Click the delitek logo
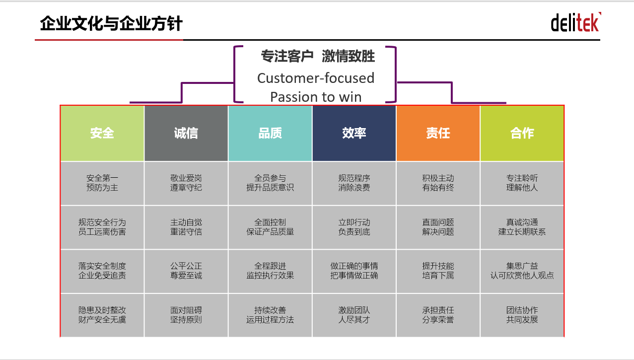[576, 22]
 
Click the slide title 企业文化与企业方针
[111, 23]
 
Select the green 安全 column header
[102, 133]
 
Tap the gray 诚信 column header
[186, 133]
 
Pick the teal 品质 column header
[270, 133]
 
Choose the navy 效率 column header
[354, 133]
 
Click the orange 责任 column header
[438, 133]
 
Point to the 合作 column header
[522, 133]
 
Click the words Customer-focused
[316, 78]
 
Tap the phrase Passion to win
[316, 97]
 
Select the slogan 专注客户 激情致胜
[318, 56]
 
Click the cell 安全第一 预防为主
[102, 183]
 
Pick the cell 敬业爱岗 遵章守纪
[186, 183]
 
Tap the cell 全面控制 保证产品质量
[270, 227]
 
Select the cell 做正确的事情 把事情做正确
[354, 271]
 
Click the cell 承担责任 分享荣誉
[438, 315]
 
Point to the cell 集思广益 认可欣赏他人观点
[522, 271]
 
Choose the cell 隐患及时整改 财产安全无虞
[102, 315]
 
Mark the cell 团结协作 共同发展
[522, 315]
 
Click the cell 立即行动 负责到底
[354, 227]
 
